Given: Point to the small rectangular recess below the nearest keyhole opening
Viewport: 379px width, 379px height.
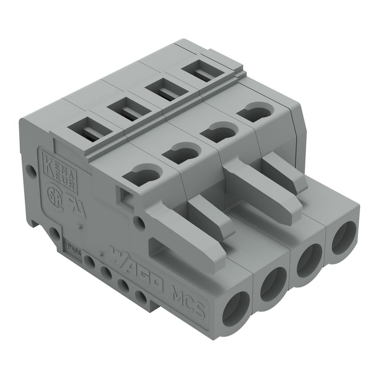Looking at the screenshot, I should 126,195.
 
